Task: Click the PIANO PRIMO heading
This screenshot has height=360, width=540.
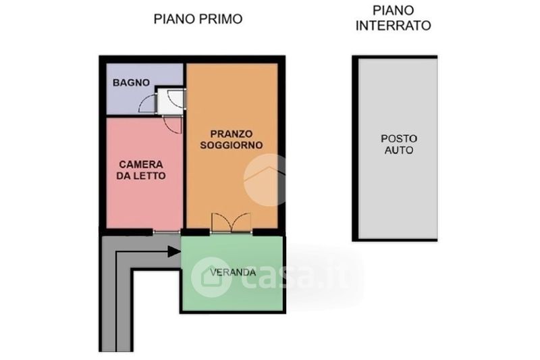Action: pos(198,19)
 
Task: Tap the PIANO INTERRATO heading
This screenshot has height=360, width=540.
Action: pos(394,18)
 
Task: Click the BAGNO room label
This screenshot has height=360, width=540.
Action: pos(131,82)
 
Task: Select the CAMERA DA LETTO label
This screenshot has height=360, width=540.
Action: pos(141,170)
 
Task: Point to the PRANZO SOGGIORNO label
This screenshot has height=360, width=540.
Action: pos(232,140)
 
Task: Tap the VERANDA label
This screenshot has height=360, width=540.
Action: pos(233,272)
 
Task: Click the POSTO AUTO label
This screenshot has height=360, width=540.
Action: pos(399,145)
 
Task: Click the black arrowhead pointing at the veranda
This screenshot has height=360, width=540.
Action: pos(174,251)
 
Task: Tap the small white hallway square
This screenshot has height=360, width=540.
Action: pos(171,101)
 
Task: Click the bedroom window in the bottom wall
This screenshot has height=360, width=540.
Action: pos(167,232)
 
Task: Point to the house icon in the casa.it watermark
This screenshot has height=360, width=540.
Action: pos(211,278)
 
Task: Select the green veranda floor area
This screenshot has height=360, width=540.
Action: pos(232,274)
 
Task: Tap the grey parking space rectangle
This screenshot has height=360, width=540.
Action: pos(398,149)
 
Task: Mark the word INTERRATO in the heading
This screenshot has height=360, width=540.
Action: pos(394,26)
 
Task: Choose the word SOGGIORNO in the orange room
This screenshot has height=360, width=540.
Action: pos(232,145)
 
